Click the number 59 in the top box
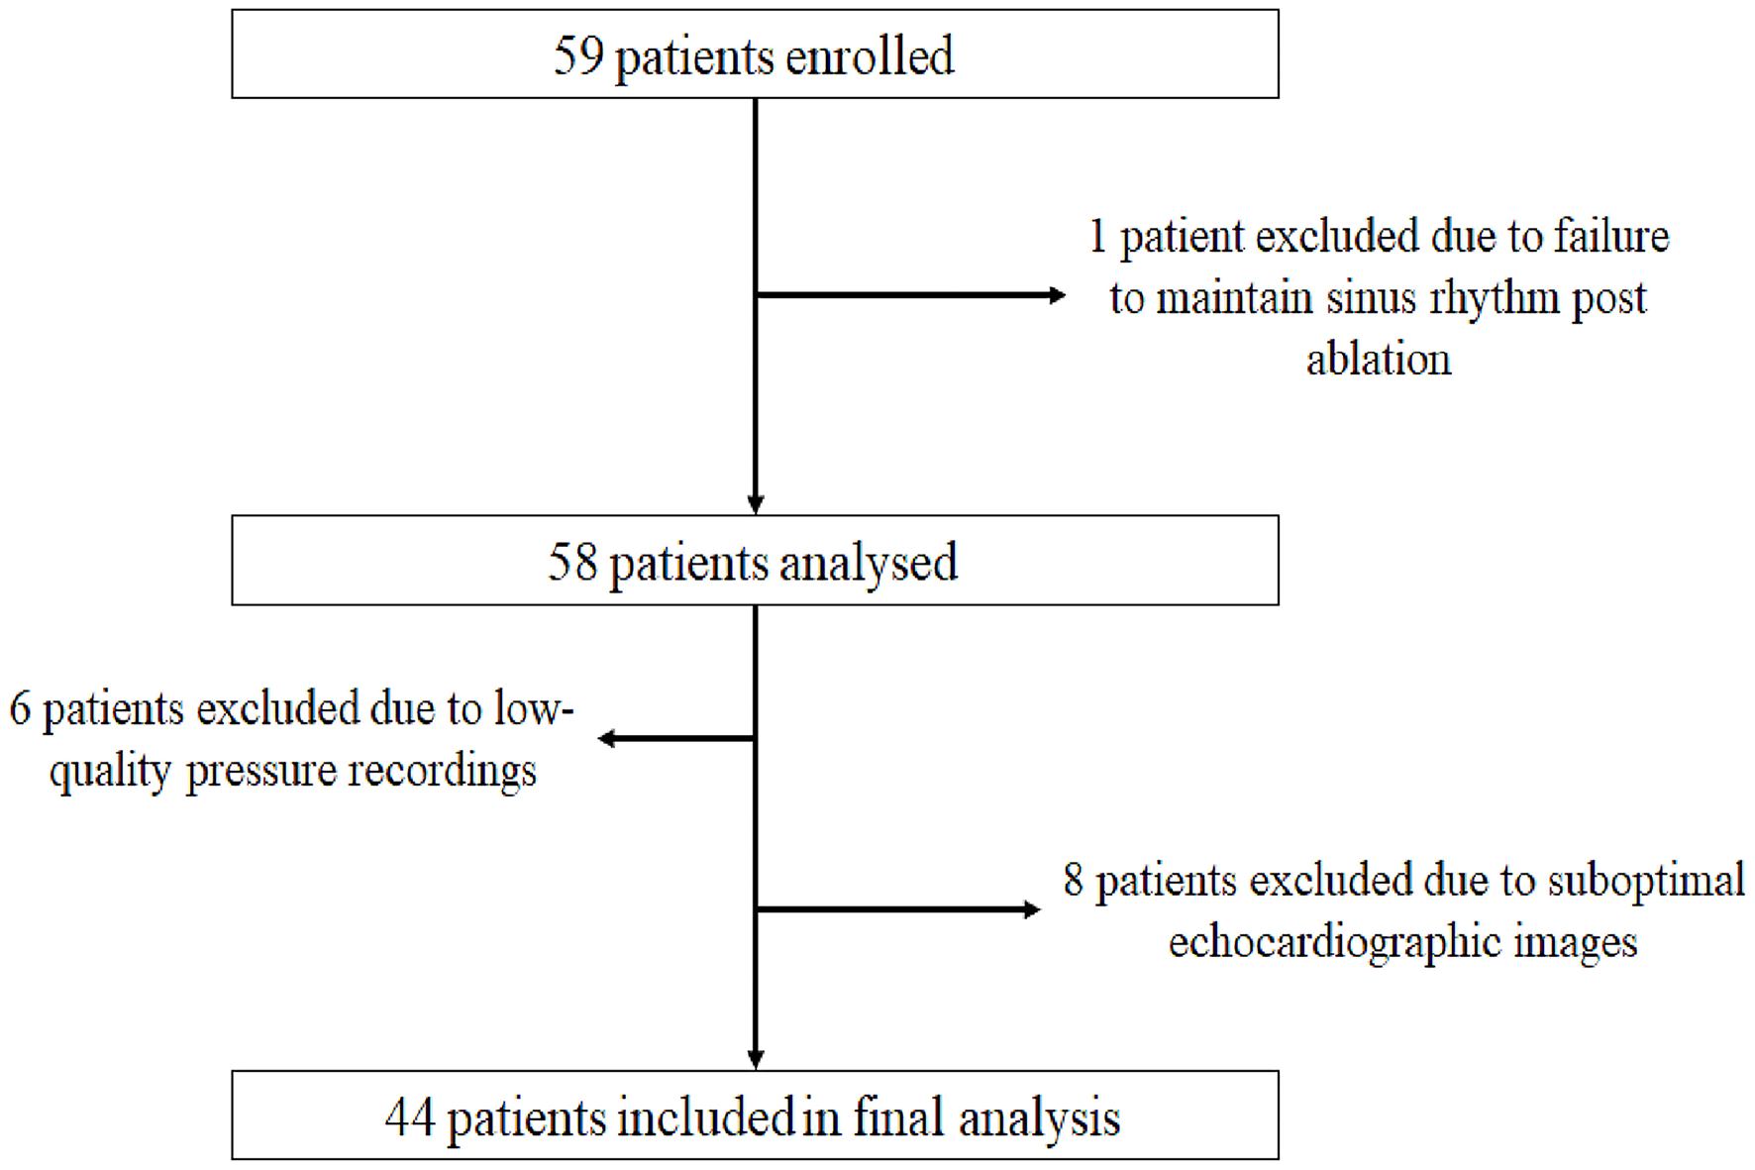pos(577,55)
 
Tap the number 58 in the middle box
pos(572,562)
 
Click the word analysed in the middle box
pos(869,563)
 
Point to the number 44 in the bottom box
pos(410,1117)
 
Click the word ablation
pos(1378,359)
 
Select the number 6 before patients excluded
pos(20,709)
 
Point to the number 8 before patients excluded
pos(1073,881)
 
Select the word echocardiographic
pos(1334,942)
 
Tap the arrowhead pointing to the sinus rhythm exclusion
pos(1057,294)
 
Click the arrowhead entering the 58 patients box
pos(755,504)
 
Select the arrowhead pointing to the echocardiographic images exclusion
pos(1032,908)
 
